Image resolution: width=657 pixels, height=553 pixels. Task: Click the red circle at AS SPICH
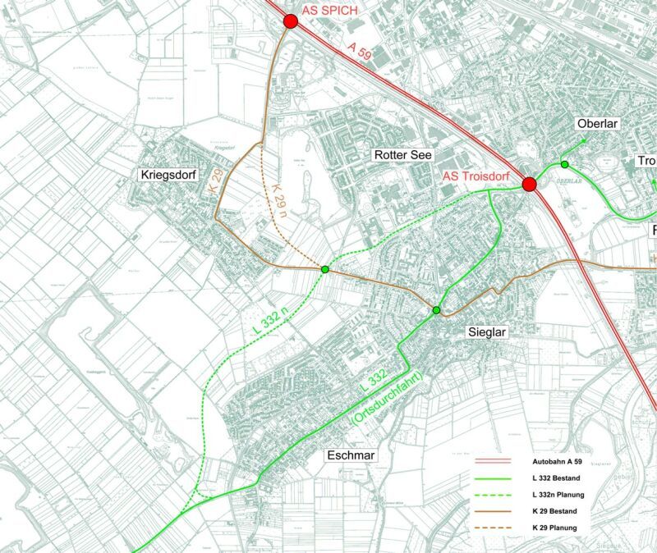(x=289, y=22)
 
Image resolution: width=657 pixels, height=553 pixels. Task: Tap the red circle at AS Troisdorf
(x=529, y=184)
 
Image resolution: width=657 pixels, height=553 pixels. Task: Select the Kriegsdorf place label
(x=171, y=174)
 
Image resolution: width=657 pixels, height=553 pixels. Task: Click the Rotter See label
(x=402, y=154)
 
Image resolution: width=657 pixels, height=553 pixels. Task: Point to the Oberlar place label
(x=597, y=123)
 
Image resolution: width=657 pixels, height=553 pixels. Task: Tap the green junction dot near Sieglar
(x=436, y=310)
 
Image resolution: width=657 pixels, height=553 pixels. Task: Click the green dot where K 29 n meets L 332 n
(x=325, y=270)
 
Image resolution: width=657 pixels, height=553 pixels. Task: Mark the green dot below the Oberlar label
(x=564, y=165)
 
